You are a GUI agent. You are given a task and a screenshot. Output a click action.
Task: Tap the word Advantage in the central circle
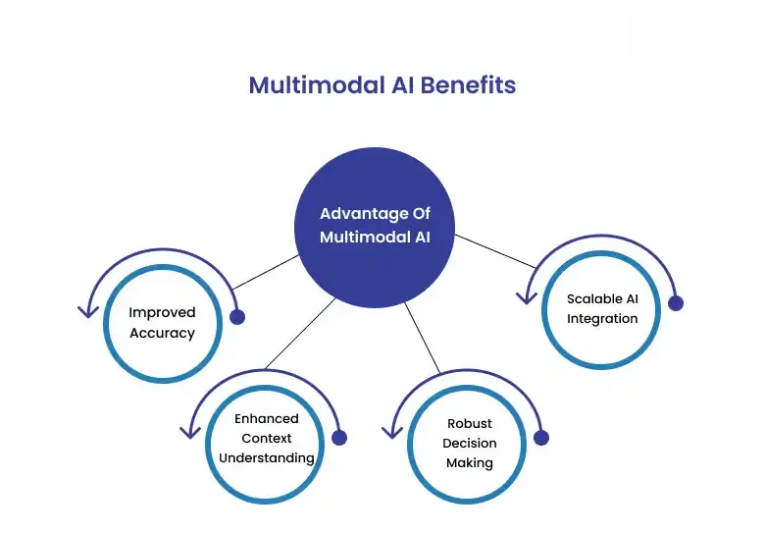tap(354, 214)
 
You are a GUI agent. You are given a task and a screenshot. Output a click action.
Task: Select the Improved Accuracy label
tap(163, 322)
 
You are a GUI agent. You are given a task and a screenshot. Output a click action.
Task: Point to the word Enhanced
tap(266, 418)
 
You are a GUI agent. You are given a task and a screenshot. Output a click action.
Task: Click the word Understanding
tap(266, 457)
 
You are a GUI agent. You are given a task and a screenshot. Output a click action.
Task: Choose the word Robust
tap(470, 424)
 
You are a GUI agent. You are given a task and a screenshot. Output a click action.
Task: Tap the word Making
tap(470, 462)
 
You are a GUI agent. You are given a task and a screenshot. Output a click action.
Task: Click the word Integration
tap(602, 318)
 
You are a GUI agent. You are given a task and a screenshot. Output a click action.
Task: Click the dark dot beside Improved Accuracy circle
tap(236, 317)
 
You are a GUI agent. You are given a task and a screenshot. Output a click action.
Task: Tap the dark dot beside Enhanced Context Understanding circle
tap(340, 439)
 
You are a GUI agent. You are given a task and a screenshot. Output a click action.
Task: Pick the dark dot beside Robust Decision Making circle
tap(541, 438)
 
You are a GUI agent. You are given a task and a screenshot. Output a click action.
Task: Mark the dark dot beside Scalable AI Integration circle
tap(675, 303)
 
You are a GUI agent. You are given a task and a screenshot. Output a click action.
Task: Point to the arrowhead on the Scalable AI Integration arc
tap(529, 297)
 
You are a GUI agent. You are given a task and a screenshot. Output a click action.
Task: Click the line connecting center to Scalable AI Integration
tap(495, 249)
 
